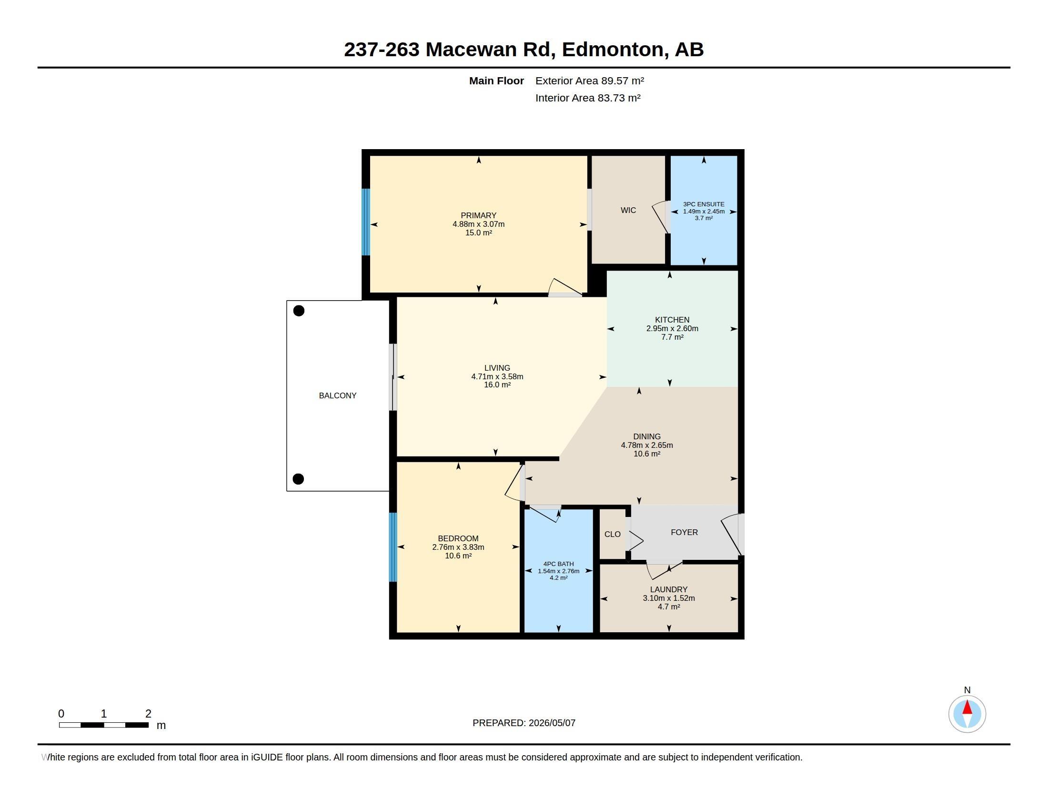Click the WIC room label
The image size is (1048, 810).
coord(628,210)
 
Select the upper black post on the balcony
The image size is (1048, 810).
coord(299,311)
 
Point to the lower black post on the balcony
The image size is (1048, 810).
coord(298,479)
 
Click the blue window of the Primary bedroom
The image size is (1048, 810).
coord(366,222)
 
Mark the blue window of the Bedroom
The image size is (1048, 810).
coord(393,547)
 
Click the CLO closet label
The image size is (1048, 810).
coord(612,534)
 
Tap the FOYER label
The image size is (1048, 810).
coord(684,532)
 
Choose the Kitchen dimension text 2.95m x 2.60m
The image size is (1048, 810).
coord(672,329)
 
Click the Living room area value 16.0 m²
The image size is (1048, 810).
coord(497,385)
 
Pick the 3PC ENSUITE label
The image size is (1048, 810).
coord(704,204)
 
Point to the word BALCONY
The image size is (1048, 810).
coord(338,395)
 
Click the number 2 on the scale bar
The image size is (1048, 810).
coord(148,714)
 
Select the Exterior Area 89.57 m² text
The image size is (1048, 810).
coord(590,81)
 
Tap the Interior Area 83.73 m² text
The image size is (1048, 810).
coord(588,98)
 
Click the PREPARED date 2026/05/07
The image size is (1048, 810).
coord(552,723)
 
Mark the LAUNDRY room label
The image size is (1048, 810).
coord(669,589)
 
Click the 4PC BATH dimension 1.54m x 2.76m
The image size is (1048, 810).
coord(559,571)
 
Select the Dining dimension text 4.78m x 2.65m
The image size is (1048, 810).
coord(647,445)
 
